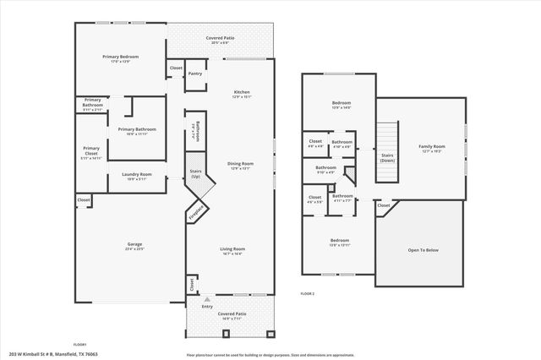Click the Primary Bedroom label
[x=121, y=57]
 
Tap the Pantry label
[x=194, y=74]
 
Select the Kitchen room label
[x=242, y=91]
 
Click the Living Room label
[x=232, y=248]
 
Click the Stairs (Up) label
[x=195, y=174]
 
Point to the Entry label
[x=207, y=307]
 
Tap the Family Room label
[x=432, y=146]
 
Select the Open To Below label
[x=422, y=250]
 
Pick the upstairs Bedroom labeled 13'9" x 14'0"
[x=340, y=102]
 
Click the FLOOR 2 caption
[x=308, y=292]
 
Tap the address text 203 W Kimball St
[x=43, y=354]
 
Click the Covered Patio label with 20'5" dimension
[x=221, y=38]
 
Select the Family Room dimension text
[x=432, y=151]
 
